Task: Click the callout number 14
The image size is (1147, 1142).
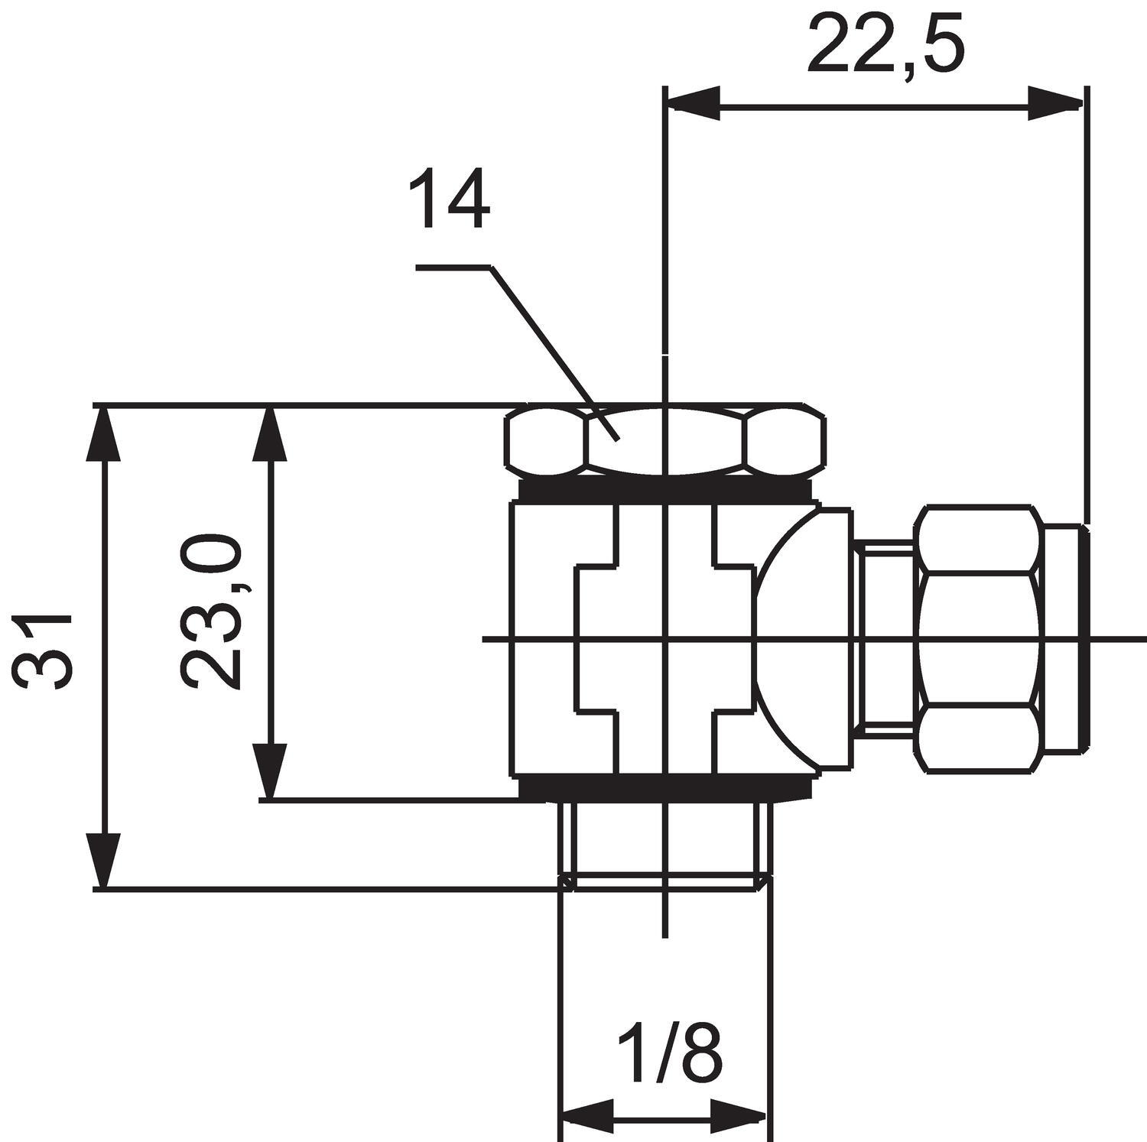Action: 450,200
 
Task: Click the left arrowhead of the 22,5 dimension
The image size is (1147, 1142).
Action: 694,102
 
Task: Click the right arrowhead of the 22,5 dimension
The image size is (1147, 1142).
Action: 1055,102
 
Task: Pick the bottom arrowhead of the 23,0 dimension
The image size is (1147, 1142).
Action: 270,772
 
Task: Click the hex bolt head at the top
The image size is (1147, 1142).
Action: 665,441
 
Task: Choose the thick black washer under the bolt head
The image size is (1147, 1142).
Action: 665,489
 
